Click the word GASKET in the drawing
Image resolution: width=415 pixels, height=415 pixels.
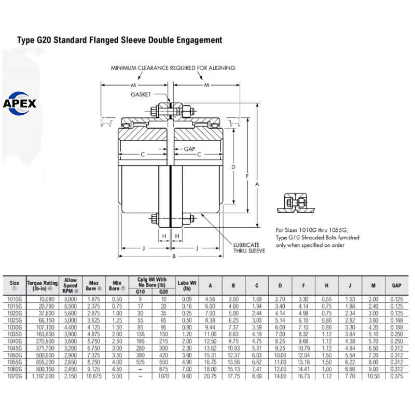(x=142, y=94)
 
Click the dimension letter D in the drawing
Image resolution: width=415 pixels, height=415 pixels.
(x=233, y=167)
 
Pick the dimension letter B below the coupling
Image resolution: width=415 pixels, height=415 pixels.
(x=174, y=256)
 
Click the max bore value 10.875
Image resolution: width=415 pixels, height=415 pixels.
(x=94, y=376)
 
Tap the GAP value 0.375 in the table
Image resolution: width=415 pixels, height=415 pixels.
(x=396, y=376)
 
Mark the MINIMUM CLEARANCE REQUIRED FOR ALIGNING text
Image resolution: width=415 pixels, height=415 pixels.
(x=173, y=68)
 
